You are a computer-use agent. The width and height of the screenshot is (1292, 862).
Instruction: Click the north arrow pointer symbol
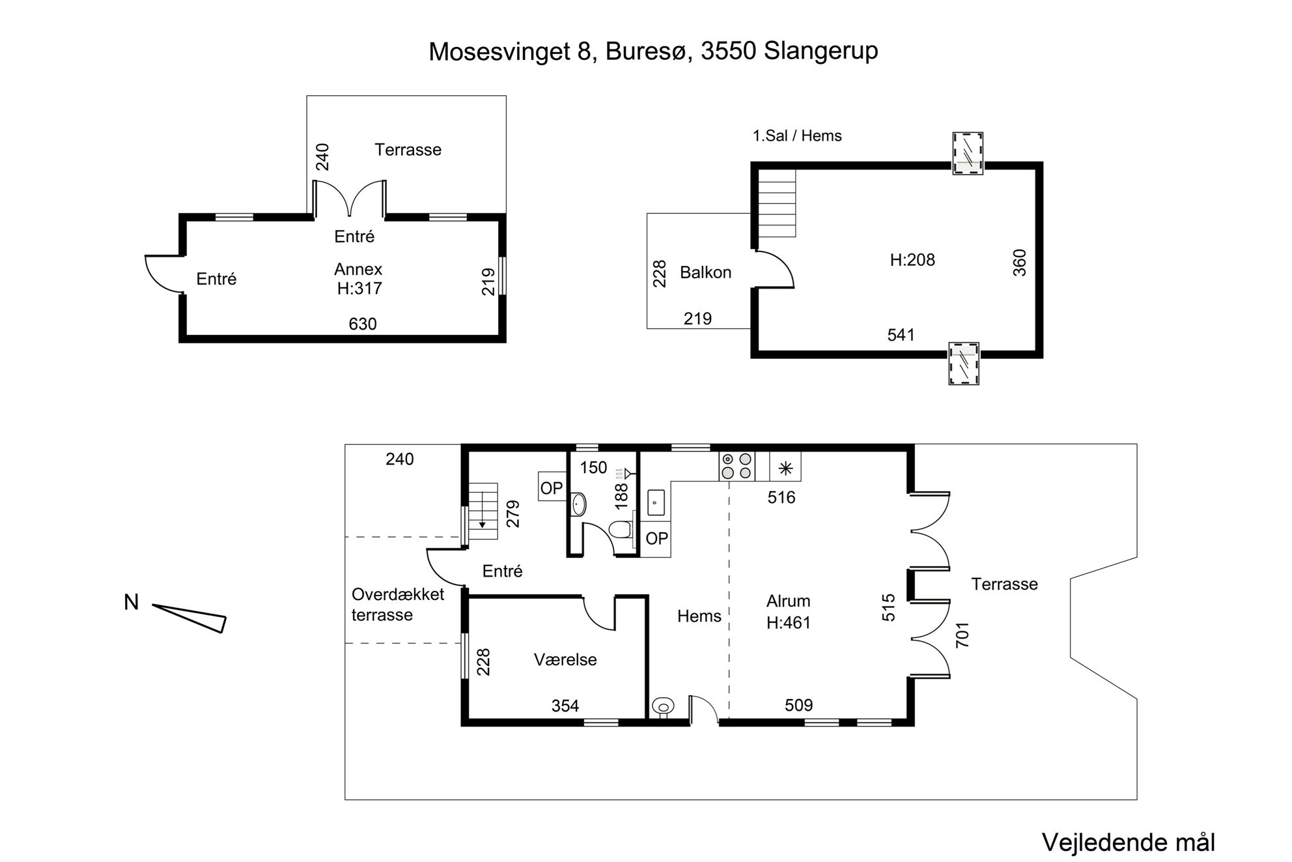pyautogui.click(x=190, y=618)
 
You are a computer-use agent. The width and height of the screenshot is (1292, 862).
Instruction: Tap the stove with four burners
pyautogui.click(x=737, y=467)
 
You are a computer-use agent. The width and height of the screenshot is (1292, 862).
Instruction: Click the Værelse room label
pyautogui.click(x=565, y=659)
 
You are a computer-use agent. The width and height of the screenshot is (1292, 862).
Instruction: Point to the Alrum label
pyautogui.click(x=788, y=601)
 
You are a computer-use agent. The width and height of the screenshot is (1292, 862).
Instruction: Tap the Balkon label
pyautogui.click(x=705, y=272)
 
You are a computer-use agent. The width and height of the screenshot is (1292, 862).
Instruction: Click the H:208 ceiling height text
pyautogui.click(x=912, y=260)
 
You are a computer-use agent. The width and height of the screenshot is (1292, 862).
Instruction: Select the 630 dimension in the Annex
pyautogui.click(x=363, y=324)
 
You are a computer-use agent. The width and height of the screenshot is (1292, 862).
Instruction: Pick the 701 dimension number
pyautogui.click(x=962, y=635)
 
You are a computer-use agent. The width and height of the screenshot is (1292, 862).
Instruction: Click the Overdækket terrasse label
pyautogui.click(x=398, y=605)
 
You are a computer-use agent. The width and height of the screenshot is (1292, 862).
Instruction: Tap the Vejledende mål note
pyautogui.click(x=1129, y=842)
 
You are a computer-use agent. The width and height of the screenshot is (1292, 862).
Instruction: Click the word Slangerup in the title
pyautogui.click(x=821, y=51)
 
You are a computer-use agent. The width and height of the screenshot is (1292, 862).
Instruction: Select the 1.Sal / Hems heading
pyautogui.click(x=797, y=136)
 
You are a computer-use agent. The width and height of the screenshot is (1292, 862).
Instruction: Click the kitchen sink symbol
pyautogui.click(x=656, y=502)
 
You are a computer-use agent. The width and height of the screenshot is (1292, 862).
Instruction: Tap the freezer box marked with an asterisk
pyautogui.click(x=785, y=467)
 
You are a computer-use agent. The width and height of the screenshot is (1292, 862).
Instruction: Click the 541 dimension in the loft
pyautogui.click(x=901, y=335)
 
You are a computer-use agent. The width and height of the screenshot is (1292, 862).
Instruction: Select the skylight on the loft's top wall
pyautogui.click(x=967, y=154)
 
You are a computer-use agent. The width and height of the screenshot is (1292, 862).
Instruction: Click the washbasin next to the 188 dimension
pyautogui.click(x=578, y=504)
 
